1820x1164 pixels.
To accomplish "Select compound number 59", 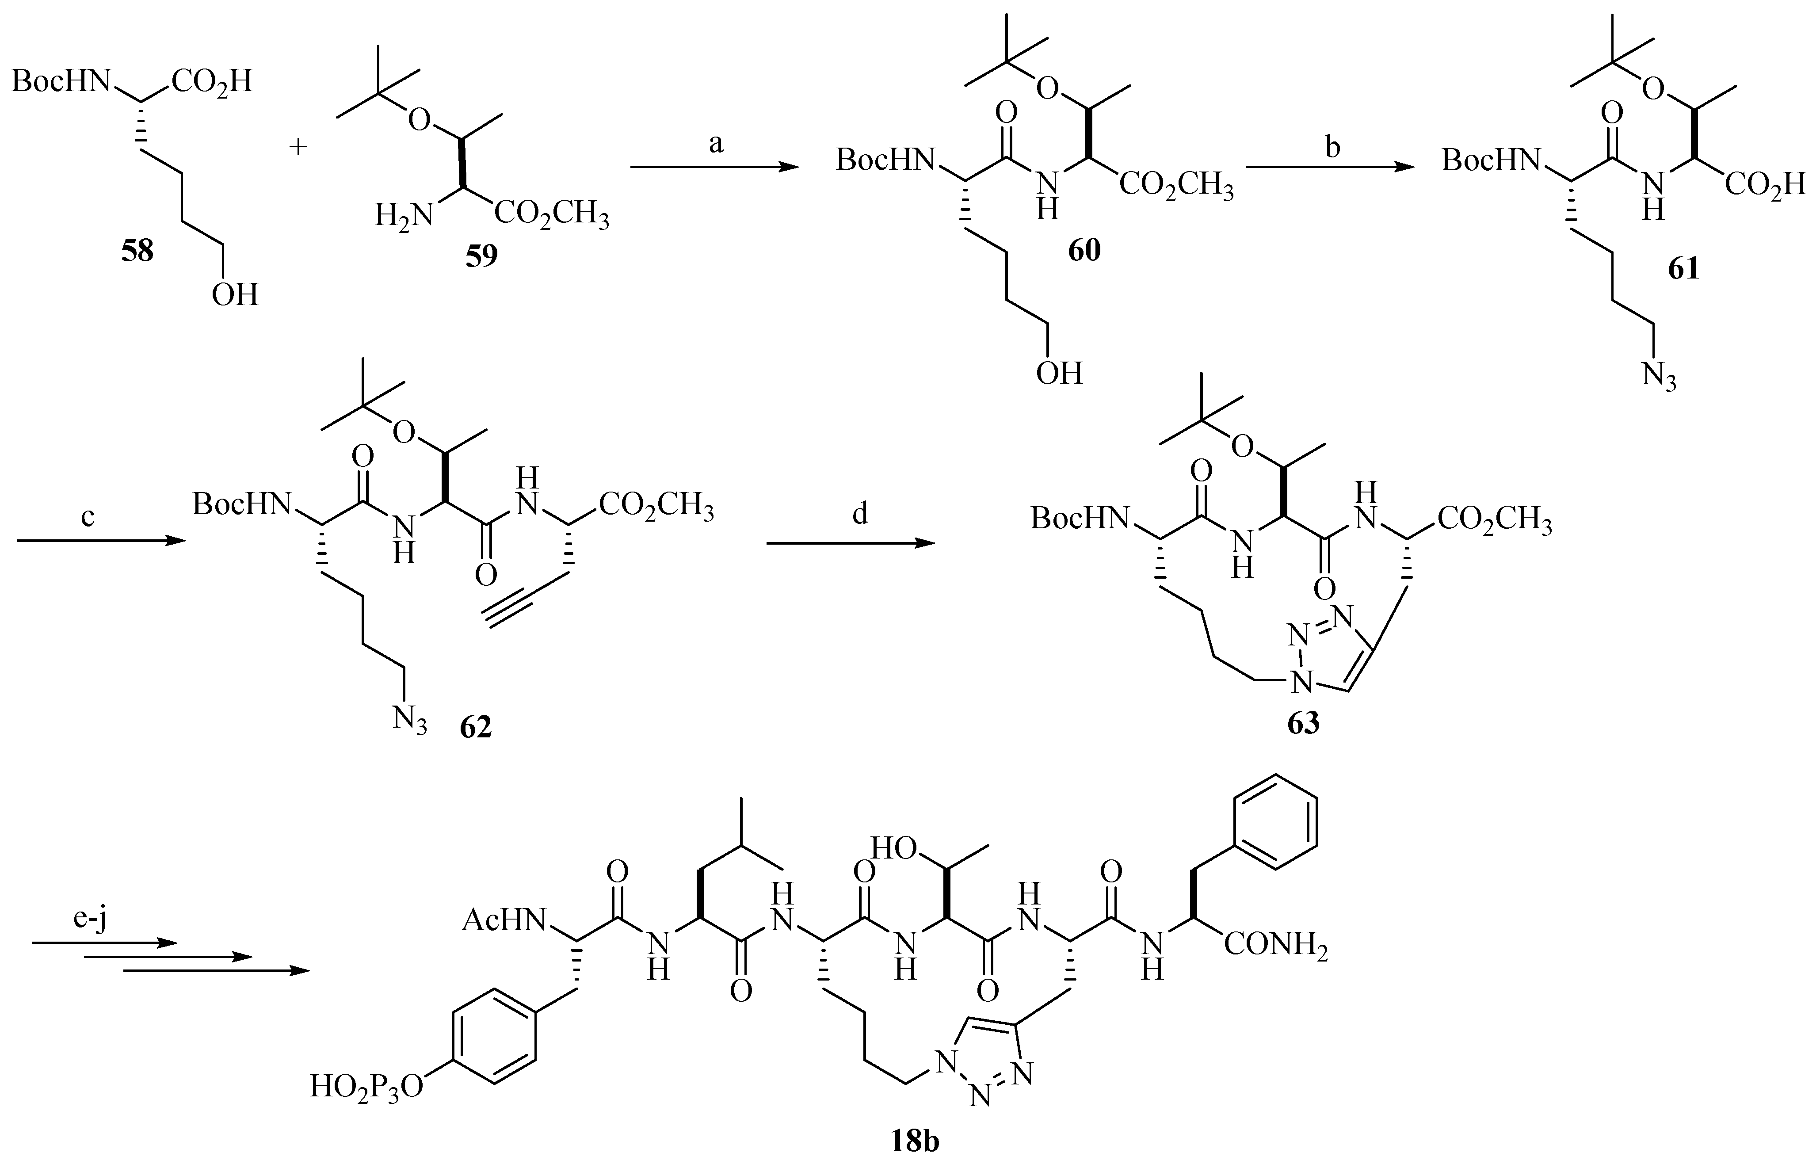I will point(481,256).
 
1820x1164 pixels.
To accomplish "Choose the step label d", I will point(860,514).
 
